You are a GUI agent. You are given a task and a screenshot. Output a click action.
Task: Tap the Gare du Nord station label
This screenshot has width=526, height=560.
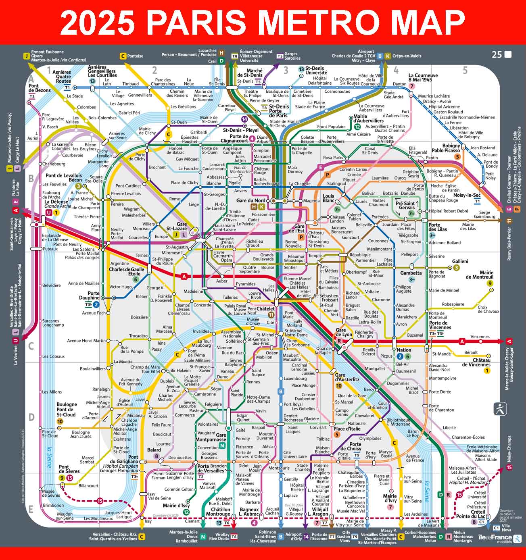(250, 201)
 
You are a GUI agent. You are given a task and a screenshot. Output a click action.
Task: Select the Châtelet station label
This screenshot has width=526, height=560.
(265, 309)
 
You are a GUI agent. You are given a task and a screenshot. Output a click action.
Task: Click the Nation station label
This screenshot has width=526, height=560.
(404, 350)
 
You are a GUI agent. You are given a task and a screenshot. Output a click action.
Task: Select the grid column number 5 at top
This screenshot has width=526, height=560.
(465, 71)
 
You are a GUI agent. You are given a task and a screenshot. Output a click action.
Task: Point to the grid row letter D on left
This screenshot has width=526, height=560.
(31, 417)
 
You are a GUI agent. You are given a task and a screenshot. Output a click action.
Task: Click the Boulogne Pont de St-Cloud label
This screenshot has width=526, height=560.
(67, 410)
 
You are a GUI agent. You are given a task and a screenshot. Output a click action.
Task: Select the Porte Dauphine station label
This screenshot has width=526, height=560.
(90, 296)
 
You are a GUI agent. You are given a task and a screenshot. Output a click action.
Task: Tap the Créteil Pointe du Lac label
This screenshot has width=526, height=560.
(470, 514)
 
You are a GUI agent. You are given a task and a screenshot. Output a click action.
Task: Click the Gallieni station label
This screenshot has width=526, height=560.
(460, 262)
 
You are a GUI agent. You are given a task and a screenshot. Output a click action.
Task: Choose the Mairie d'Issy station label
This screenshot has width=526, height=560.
(176, 506)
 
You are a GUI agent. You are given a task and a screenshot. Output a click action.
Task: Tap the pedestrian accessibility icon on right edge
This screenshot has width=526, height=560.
(500, 409)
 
